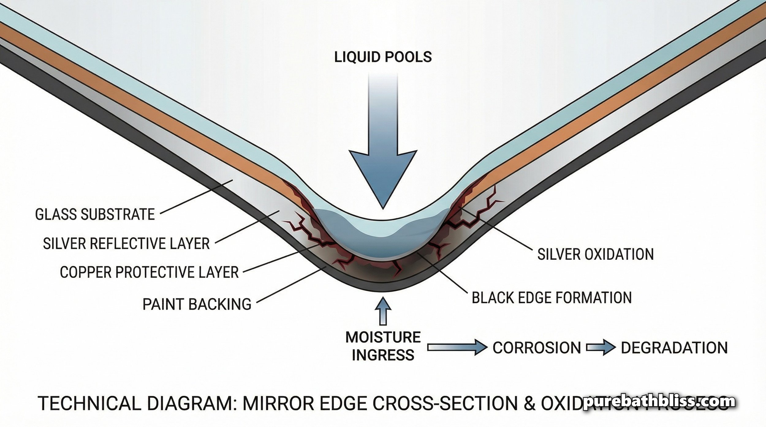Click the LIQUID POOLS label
(383, 57)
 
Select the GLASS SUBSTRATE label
(95, 215)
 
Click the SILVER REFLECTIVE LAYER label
(126, 244)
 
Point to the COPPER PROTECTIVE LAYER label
(149, 272)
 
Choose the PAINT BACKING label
(197, 304)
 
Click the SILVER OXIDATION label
(596, 254)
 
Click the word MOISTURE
(383, 337)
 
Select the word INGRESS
(383, 355)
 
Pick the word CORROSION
(537, 348)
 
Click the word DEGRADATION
(674, 348)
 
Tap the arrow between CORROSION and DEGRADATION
(601, 348)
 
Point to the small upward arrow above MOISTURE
(383, 312)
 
